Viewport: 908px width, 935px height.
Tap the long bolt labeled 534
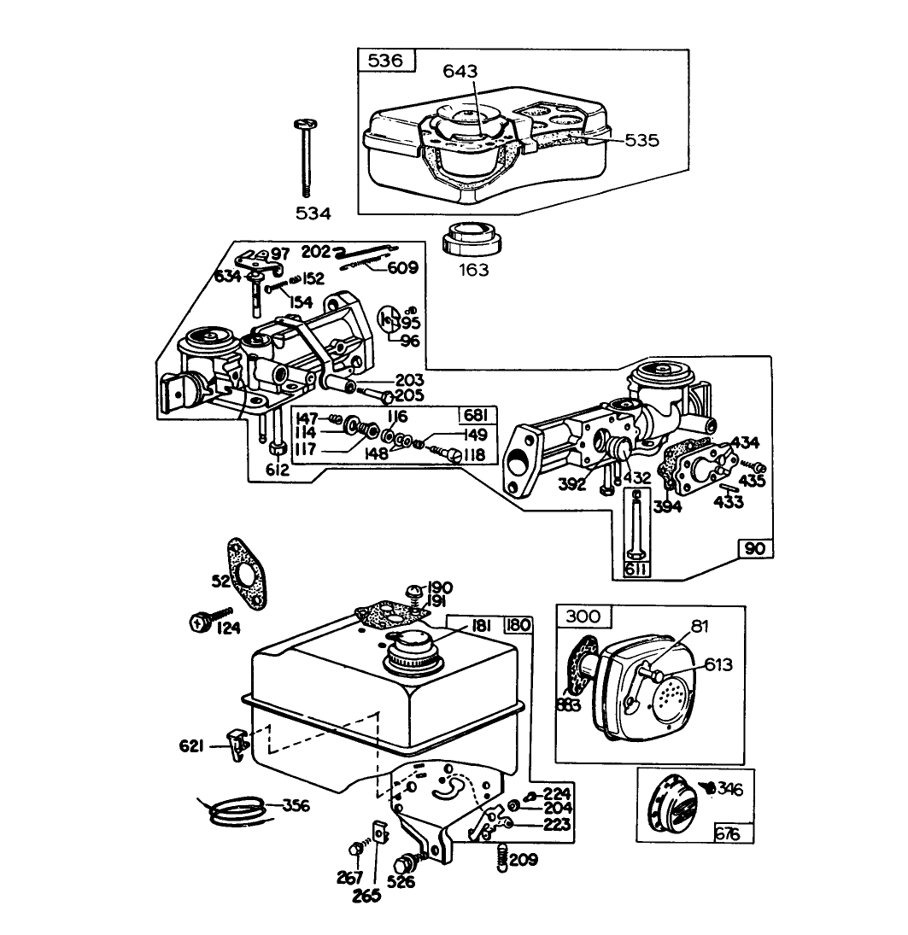tap(306, 158)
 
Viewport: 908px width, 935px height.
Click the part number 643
tap(460, 73)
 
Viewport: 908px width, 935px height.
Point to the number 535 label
tap(641, 140)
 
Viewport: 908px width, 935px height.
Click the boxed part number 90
tap(755, 547)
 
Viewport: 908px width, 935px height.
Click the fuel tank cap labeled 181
tap(416, 656)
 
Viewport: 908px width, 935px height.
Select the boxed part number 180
tap(518, 625)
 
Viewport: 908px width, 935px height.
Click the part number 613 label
tap(718, 664)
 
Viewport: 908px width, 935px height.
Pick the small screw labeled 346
tap(707, 786)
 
